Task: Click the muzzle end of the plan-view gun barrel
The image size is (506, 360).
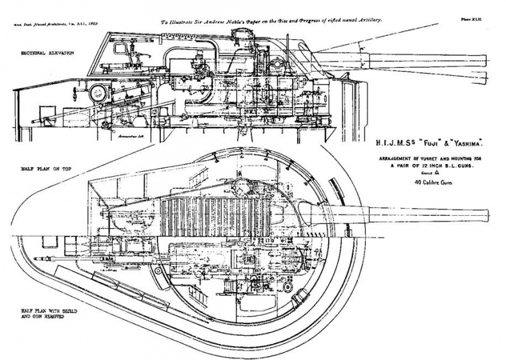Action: [x=487, y=215]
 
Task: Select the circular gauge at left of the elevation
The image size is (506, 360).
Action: [x=99, y=91]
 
